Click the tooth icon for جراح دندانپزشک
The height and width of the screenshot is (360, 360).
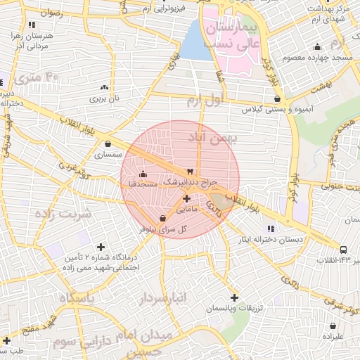pyautogui.click(x=188, y=172)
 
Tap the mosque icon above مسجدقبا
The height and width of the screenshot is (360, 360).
pyautogui.click(x=143, y=174)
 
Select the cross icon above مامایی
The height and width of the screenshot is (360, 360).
pyautogui.click(x=186, y=199)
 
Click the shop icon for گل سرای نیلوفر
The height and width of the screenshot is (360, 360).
pyautogui.click(x=163, y=218)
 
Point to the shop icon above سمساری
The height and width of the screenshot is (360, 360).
pyautogui.click(x=107, y=143)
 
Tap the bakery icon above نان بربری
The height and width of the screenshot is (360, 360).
pyautogui.click(x=105, y=88)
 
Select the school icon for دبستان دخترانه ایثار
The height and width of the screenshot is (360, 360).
pyautogui.click(x=271, y=228)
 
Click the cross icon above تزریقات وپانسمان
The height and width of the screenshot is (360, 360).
pyautogui.click(x=234, y=297)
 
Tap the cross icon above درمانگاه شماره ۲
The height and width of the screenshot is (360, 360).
pyautogui.click(x=101, y=247)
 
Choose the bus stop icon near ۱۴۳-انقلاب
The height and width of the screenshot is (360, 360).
pyautogui.click(x=343, y=250)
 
